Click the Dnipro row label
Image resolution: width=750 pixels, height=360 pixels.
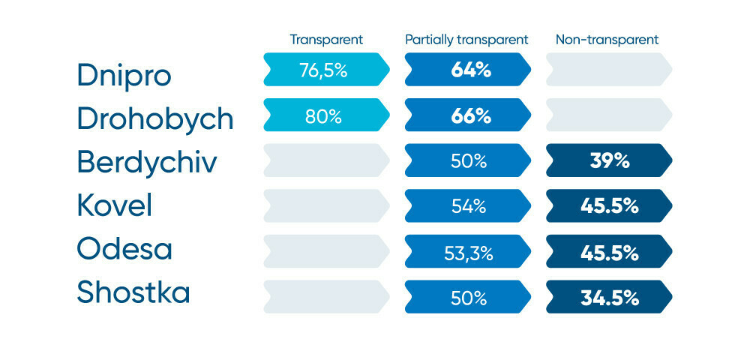point(124,75)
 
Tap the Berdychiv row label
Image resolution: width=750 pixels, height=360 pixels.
point(147,163)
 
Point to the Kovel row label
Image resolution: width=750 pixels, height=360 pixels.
point(114,205)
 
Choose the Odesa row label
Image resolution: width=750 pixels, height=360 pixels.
point(124,250)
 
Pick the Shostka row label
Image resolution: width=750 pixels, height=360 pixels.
point(133,293)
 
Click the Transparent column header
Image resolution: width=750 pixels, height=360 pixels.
point(326,39)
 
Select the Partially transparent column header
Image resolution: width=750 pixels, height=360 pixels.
point(466,39)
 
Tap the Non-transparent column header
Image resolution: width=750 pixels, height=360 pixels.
point(607,39)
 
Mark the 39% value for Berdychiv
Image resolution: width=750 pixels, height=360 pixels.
point(609,161)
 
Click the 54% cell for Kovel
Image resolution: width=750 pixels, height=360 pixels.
point(468,206)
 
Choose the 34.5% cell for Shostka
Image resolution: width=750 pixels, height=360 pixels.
point(609,298)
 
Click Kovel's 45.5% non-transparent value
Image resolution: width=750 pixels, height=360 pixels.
point(609,206)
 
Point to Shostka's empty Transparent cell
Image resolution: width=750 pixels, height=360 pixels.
point(325,298)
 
